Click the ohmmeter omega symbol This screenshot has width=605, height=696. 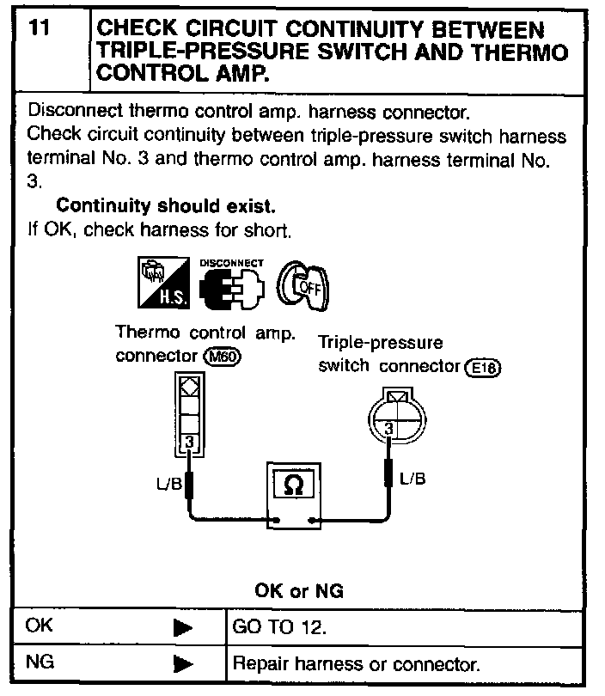coord(293,485)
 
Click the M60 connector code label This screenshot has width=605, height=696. coord(223,357)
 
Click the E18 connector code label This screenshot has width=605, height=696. coord(483,369)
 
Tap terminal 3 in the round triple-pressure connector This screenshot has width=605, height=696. coord(389,427)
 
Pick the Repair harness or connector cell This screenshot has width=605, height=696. coord(356,665)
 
